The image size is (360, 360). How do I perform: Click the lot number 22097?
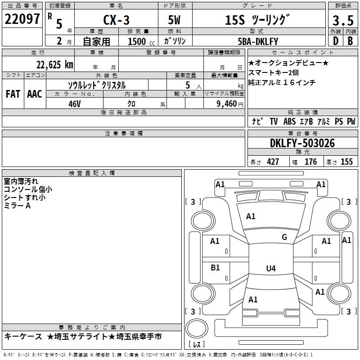(x=22, y=19)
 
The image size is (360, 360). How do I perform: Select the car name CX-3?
(x=116, y=20)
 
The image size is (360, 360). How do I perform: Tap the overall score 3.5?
(x=343, y=20)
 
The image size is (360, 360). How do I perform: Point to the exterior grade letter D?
(x=336, y=41)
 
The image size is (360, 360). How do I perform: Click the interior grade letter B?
(x=350, y=41)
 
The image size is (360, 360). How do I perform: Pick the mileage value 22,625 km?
(x=55, y=65)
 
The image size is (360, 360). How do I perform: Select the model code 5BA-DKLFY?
(x=258, y=41)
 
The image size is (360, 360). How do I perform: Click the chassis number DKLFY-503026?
(x=302, y=143)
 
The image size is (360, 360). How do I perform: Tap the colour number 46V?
(x=75, y=104)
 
